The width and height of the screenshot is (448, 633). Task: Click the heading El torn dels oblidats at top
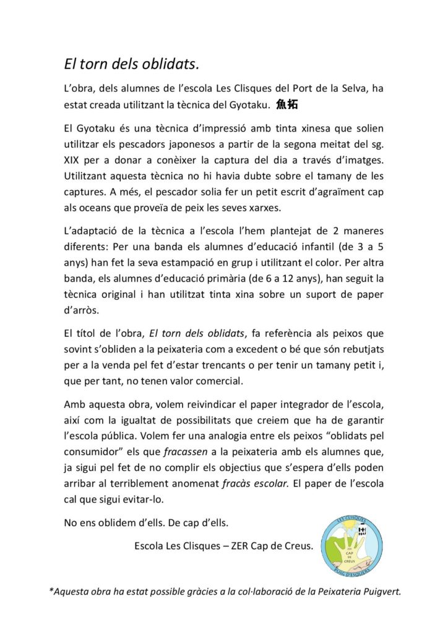[132, 64]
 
